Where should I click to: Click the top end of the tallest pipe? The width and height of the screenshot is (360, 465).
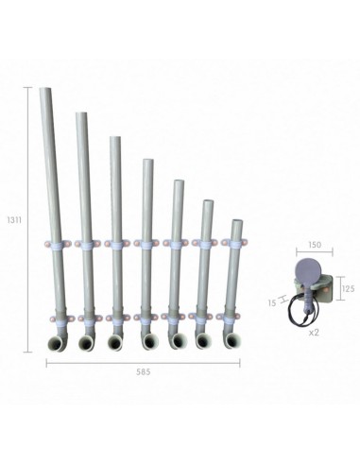tap(46, 92)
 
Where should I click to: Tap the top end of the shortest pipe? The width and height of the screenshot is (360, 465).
tap(236, 223)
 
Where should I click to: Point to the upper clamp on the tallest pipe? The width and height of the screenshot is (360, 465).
tap(55, 244)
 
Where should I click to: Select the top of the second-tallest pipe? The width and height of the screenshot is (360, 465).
tap(81, 115)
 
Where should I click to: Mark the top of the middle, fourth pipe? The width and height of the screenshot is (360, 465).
tap(147, 162)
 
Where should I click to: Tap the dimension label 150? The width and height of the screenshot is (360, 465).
tap(315, 244)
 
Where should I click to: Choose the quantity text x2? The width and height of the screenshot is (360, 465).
tap(314, 334)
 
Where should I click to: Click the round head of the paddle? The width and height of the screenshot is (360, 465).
tap(309, 272)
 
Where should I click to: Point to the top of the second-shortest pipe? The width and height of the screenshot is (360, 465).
tap(207, 202)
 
